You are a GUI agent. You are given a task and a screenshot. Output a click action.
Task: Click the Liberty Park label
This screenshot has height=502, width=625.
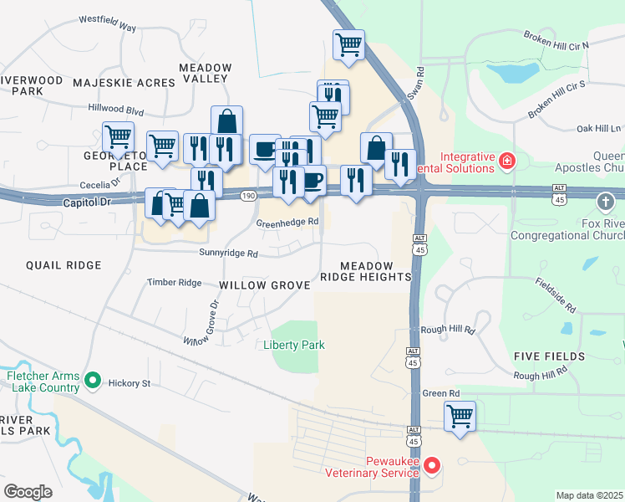coord(293,345)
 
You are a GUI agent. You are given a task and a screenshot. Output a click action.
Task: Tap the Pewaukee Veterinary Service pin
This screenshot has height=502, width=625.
coord(432,465)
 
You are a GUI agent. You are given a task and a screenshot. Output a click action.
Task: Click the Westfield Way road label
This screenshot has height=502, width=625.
coord(107,23)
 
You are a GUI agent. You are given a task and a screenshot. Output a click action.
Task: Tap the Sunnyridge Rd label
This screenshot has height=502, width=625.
coord(228,253)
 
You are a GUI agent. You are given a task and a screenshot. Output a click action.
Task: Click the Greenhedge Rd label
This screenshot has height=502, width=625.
coord(287,223)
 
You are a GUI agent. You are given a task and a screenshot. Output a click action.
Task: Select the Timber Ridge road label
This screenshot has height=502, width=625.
coord(175,283)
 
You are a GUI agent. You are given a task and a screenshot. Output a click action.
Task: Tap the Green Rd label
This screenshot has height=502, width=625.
coord(441,392)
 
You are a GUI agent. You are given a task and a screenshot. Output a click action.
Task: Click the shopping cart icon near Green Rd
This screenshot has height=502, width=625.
coord(460,416)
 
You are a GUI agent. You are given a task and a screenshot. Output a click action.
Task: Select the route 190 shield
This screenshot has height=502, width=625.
coord(248,195)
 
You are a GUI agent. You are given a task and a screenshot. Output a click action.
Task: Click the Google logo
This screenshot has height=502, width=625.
coord(28,492)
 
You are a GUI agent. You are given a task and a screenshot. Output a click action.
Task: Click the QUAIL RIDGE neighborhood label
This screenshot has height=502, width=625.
coord(64,265)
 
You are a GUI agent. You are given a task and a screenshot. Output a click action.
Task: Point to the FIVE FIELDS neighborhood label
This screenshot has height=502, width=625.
coord(549,356)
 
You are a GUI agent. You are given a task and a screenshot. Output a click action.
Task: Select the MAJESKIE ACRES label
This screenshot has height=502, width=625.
coord(124,83)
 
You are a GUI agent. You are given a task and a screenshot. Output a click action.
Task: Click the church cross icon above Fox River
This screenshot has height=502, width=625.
coord(606,202)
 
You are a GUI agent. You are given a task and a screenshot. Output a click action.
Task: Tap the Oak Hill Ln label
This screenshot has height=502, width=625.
coord(600,129)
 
